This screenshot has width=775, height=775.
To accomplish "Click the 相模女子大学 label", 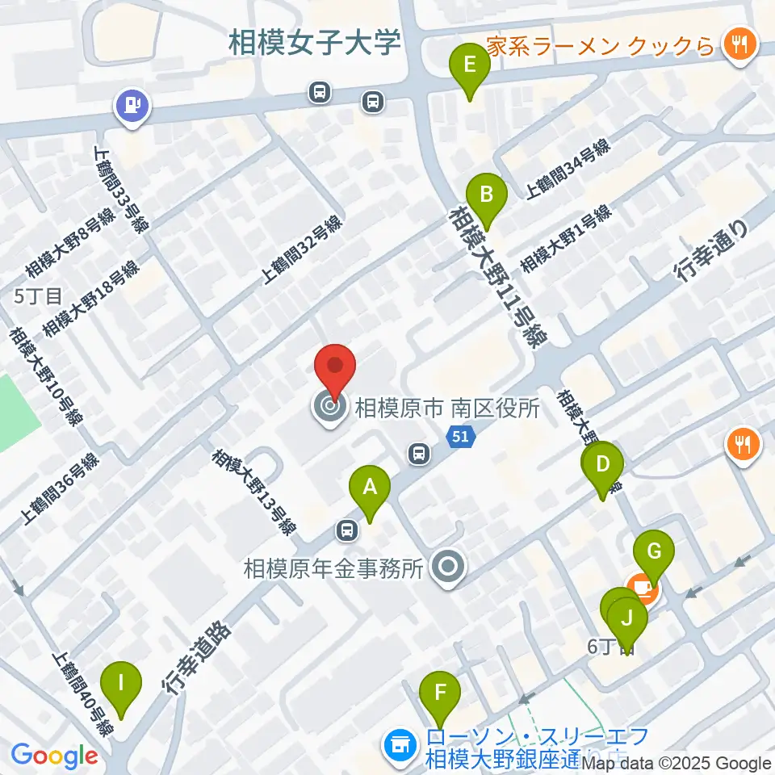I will point(315,43).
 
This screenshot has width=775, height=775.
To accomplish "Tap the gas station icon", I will point(132,105).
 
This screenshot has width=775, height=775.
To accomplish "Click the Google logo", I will point(54,756).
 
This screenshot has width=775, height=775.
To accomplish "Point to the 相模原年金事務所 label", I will point(333,569).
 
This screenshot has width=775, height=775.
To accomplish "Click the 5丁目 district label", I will point(38,296).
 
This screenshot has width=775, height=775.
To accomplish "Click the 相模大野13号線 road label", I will point(254,492).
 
